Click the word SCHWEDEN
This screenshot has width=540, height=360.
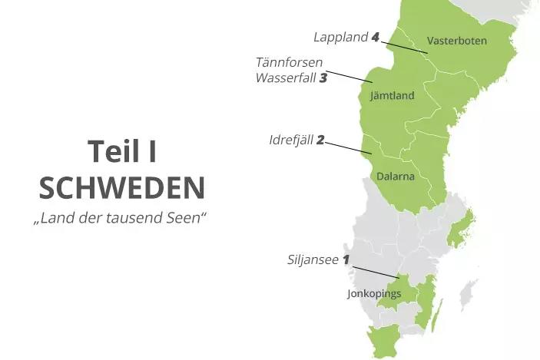coord(122,188)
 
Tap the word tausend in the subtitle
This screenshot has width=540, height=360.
coord(139,218)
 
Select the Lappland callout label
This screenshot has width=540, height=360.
coord(340,37)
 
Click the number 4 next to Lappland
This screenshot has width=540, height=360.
coord(375,37)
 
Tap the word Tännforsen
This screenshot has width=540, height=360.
coord(290,62)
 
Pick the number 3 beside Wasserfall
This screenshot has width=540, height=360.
coord(323,78)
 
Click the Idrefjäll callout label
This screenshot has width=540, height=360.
coord(291,140)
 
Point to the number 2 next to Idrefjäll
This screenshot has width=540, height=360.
coord(320,140)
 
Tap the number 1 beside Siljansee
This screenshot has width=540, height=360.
coord(346,259)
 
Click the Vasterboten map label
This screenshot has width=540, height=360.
coord(456,41)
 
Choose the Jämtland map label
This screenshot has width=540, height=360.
coord(392,96)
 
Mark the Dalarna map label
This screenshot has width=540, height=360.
coord(396,177)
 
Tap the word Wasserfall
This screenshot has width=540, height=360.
coord(286,78)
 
